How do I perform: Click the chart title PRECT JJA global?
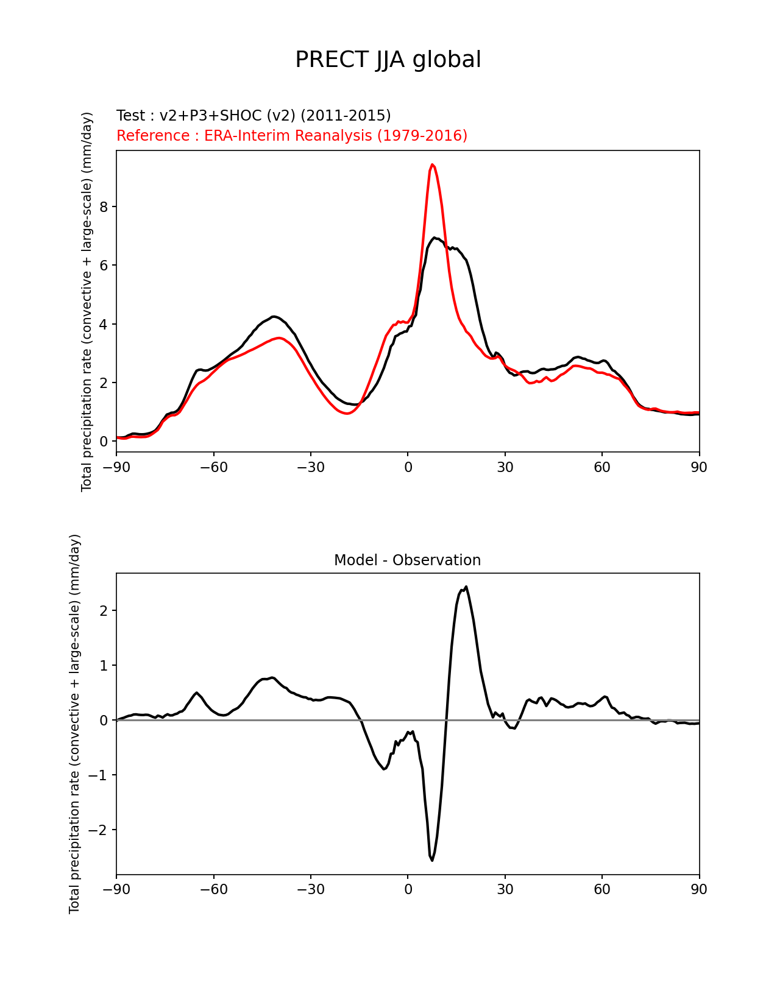[388, 60]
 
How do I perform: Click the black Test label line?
[254, 116]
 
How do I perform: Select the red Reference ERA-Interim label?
[292, 135]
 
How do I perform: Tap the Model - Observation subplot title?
[407, 560]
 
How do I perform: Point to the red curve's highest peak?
[432, 164]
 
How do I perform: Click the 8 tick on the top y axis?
[104, 207]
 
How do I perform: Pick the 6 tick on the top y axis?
[104, 266]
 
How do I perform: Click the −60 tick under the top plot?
[213, 467]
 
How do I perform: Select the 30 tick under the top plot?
[505, 467]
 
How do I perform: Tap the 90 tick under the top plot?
[699, 467]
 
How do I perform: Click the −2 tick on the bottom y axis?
[99, 830]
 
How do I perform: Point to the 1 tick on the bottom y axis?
[104, 666]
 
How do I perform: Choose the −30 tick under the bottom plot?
[310, 889]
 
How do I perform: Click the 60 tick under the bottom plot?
[601, 889]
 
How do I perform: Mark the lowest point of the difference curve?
[432, 860]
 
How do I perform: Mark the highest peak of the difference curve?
[466, 587]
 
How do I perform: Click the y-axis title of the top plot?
[87, 301]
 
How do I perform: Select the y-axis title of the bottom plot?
[75, 724]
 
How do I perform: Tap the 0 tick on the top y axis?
[104, 442]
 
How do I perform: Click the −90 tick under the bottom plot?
[116, 889]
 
